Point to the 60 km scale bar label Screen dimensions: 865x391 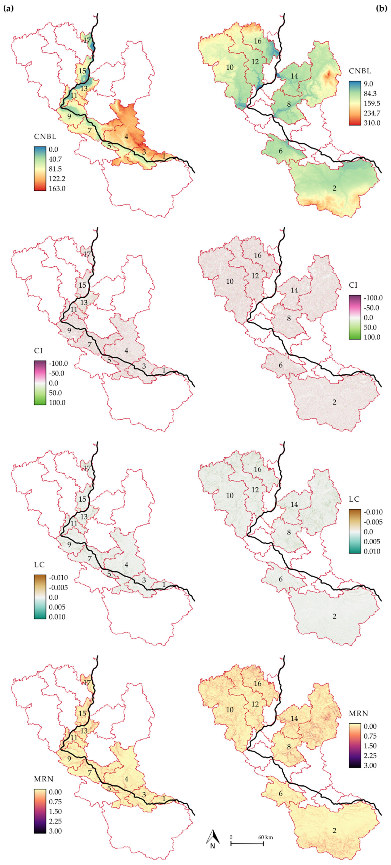[265, 837]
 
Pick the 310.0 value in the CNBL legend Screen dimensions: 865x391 [372, 123]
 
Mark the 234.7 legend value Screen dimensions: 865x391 [372, 113]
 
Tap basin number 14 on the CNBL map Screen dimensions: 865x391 [294, 76]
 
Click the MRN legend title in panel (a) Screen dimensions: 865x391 [44, 779]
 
